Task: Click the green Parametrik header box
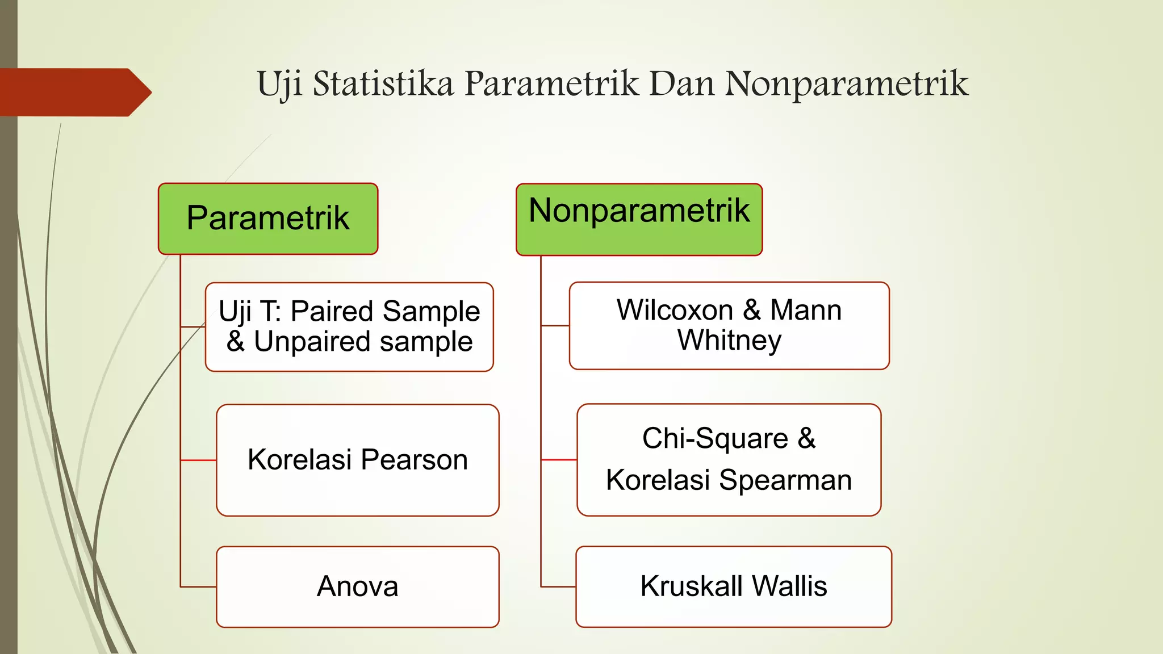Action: [267, 219]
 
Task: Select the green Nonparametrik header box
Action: [639, 220]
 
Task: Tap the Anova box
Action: [357, 586]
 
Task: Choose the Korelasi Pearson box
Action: [357, 460]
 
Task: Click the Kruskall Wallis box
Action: [733, 586]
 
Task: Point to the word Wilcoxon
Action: [675, 311]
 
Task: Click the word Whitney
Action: [729, 341]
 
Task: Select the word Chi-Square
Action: [715, 439]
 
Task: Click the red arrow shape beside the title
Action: [74, 92]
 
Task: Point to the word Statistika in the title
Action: [383, 84]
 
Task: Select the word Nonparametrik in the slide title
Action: [846, 84]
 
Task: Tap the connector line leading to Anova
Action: [198, 586]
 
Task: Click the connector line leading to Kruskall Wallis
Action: [558, 586]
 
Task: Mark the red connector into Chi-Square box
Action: [559, 460]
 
